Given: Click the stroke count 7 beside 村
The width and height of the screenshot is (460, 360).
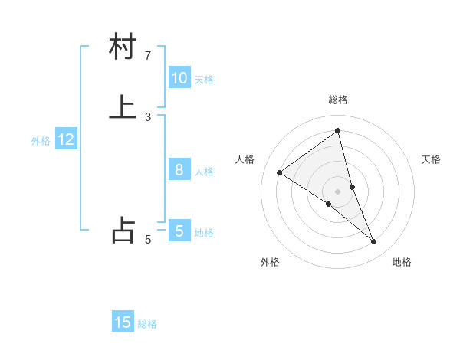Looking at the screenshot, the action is pyautogui.click(x=148, y=56).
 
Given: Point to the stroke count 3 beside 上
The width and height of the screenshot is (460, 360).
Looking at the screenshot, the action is pyautogui.click(x=148, y=117).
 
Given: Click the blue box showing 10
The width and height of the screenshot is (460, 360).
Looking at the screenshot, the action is pyautogui.click(x=179, y=78).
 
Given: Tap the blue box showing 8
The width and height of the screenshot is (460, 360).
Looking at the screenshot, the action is pyautogui.click(x=179, y=170).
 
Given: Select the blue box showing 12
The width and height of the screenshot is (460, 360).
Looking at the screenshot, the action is pyautogui.click(x=66, y=139).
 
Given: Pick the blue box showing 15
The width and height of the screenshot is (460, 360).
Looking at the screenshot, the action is pyautogui.click(x=123, y=322).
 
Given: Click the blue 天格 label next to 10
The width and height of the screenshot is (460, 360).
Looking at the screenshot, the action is pyautogui.click(x=204, y=80).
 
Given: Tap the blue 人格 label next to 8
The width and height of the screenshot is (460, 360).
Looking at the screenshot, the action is pyautogui.click(x=204, y=172).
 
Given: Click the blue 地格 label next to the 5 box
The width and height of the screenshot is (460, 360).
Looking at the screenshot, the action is pyautogui.click(x=204, y=233).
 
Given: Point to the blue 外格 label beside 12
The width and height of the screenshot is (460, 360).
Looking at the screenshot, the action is pyautogui.click(x=41, y=141).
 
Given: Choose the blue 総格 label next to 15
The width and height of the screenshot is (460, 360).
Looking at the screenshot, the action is pyautogui.click(x=147, y=324).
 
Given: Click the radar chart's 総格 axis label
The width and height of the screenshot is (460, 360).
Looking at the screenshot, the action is pyautogui.click(x=338, y=100).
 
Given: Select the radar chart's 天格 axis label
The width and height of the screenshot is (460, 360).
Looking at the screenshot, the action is pyautogui.click(x=432, y=159).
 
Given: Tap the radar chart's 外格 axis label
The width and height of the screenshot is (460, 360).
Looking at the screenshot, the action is pyautogui.click(x=270, y=262).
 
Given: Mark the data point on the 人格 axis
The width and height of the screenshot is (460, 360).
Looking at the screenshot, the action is pyautogui.click(x=279, y=172).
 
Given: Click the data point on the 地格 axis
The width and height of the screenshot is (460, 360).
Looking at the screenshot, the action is pyautogui.click(x=374, y=242).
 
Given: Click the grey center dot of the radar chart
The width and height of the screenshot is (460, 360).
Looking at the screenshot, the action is pyautogui.click(x=337, y=191).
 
